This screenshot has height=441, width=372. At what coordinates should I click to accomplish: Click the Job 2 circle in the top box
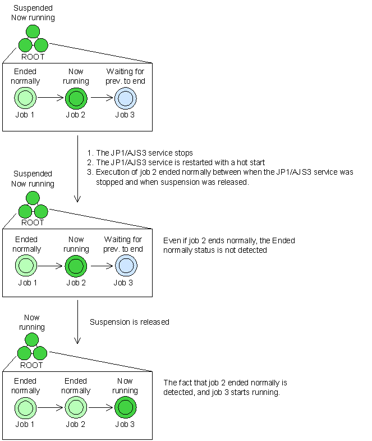coord(76,98)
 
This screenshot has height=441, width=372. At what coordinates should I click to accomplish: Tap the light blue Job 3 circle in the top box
coord(125,98)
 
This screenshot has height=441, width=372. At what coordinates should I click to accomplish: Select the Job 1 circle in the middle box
coord(26,266)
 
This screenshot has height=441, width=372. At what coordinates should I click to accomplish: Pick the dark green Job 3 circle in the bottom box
coord(125,407)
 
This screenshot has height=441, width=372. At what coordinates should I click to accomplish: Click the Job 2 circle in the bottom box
coord(76,407)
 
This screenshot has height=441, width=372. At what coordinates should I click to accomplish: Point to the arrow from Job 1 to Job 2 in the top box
coord(50,98)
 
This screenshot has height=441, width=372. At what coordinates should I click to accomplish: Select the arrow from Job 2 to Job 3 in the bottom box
coord(101,407)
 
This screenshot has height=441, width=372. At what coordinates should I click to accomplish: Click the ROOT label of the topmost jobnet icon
coord(33,57)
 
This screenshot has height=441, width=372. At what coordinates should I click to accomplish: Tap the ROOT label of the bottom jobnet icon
coord(31,365)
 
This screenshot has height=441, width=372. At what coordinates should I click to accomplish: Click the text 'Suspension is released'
coord(129,322)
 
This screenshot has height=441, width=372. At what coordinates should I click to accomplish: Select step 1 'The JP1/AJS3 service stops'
coord(140,153)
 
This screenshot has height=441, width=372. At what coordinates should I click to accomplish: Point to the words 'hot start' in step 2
coord(251,162)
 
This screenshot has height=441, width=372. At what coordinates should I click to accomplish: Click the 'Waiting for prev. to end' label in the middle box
coord(123,244)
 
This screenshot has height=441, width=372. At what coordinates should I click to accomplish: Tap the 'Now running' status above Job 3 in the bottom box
coord(125,385)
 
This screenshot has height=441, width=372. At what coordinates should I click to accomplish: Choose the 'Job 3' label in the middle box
coord(123,283)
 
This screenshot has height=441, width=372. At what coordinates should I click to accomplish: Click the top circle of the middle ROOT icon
coord(33,198)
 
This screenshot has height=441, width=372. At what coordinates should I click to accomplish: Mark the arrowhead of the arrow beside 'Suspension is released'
coord(77,340)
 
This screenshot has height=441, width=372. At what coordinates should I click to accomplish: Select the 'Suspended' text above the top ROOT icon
coord(33,8)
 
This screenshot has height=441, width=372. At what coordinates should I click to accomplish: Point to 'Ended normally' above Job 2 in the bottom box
coord(76,385)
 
